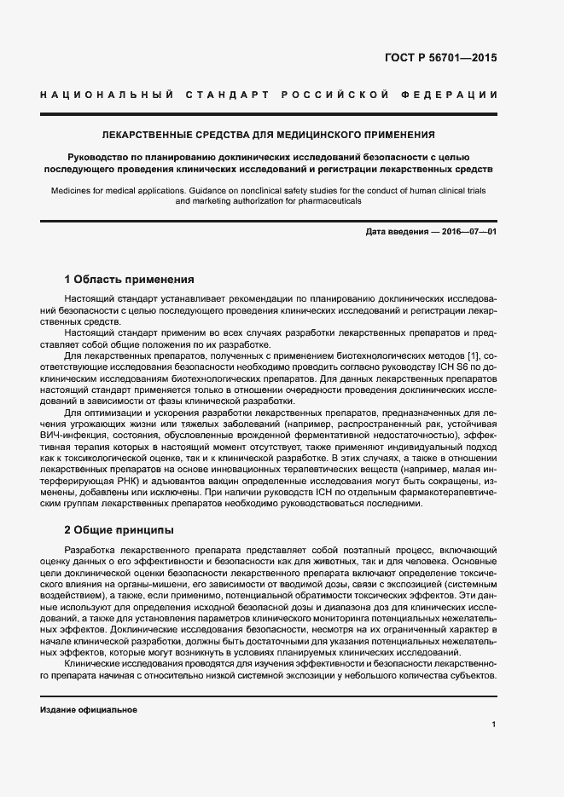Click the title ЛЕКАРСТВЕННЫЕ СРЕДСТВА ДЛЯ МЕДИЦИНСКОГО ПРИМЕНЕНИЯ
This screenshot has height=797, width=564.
pos(269,134)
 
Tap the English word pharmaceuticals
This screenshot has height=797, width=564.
pos(329,201)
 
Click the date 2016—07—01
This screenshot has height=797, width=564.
pos(468,232)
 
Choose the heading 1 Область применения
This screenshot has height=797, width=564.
pos(130,279)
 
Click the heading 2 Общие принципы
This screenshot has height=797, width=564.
pos(119,529)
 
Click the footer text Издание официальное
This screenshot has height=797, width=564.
pos(89,709)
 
